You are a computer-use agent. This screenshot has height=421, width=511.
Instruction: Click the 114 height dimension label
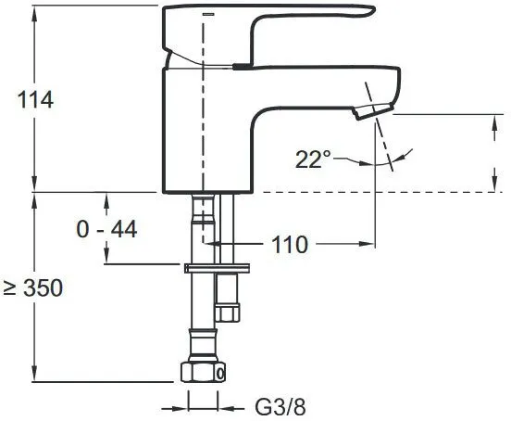point(35,100)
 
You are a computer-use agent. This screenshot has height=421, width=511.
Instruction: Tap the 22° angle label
point(313,159)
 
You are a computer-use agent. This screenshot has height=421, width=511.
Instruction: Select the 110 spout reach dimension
point(290,245)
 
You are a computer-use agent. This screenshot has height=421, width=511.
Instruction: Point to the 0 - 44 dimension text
point(106,229)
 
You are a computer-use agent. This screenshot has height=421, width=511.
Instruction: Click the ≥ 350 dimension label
point(33,287)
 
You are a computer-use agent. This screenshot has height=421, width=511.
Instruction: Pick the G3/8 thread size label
point(280,407)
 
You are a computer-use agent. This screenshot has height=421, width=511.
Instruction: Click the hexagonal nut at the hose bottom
point(203,372)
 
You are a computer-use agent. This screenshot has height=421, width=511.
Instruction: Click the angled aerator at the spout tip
point(372,111)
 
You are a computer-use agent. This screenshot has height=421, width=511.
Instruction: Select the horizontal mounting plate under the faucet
point(217,268)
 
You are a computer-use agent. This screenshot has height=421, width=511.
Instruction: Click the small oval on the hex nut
point(220,373)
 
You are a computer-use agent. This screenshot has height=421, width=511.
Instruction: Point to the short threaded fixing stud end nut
point(228,313)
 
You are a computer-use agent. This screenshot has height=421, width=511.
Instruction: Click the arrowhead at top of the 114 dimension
point(35,12)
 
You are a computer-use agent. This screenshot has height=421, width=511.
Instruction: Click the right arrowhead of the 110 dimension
point(368,244)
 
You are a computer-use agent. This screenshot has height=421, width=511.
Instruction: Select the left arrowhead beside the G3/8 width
point(181,408)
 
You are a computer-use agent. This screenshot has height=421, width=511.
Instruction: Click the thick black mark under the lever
point(243,66)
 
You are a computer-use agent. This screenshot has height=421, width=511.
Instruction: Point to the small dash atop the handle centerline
point(208,14)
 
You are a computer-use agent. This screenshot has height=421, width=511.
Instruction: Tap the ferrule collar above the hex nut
point(203,341)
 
